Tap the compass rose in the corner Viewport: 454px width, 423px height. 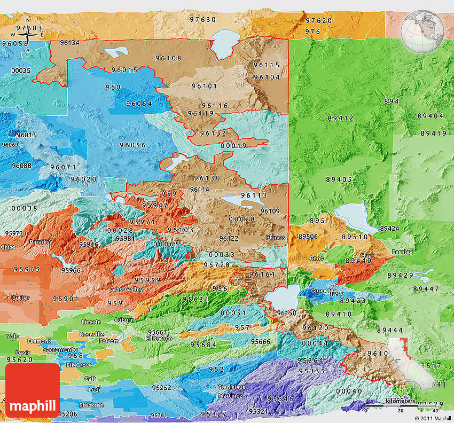[x=29, y=35]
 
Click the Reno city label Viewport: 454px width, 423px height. [x=316, y=258]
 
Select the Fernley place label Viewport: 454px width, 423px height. [x=402, y=252]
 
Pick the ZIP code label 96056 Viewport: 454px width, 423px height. [x=132, y=145]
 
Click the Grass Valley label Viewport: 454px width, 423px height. [x=126, y=289]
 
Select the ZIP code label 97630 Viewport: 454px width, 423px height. [x=203, y=19]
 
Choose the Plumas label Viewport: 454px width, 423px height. [x=275, y=237]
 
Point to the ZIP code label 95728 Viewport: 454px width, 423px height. [x=216, y=264]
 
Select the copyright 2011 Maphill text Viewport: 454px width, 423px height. [x=433, y=418]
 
